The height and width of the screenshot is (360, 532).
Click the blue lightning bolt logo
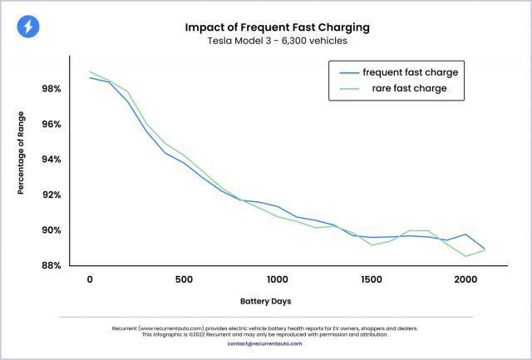27,27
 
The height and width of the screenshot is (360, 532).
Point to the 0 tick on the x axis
89,279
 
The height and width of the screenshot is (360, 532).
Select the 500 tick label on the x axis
183,279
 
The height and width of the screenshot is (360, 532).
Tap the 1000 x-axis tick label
277,279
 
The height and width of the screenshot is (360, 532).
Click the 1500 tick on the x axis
371,279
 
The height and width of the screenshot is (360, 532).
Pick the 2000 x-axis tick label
465,279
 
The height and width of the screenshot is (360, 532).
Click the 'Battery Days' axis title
266,300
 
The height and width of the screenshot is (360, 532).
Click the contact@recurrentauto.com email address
266,343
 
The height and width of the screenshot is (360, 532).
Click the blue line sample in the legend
345,72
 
